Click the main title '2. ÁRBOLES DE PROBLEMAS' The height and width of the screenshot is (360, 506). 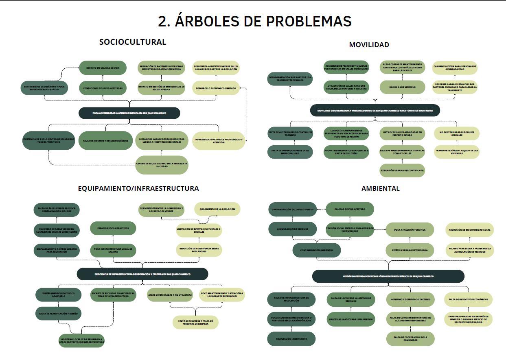(254, 21)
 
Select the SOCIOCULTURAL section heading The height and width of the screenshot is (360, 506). (133, 42)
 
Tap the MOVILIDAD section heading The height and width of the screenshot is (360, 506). (369, 45)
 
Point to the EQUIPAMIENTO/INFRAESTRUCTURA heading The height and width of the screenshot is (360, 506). (138, 188)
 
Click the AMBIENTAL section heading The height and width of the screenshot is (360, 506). (380, 188)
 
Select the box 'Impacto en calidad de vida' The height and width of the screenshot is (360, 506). (103, 68)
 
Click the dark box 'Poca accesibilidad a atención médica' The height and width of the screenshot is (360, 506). (129, 113)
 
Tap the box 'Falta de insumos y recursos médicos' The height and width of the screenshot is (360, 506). (105, 141)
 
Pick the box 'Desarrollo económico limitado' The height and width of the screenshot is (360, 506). (216, 88)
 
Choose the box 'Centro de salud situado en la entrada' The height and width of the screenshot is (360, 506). (162, 165)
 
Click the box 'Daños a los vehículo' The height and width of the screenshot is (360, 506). (402, 87)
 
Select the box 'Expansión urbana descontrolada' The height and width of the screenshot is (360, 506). (402, 170)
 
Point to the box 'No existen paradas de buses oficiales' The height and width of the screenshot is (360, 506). (456, 133)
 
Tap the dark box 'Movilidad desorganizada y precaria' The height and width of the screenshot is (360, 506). (375, 111)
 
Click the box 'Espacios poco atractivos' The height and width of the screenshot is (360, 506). (113, 229)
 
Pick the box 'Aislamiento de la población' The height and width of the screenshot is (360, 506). (217, 209)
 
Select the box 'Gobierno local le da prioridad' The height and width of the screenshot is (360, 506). (81, 340)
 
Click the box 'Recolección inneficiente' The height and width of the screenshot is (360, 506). (291, 339)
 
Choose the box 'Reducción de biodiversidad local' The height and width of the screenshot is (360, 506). (469, 230)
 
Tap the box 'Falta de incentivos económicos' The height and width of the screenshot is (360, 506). (468, 300)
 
